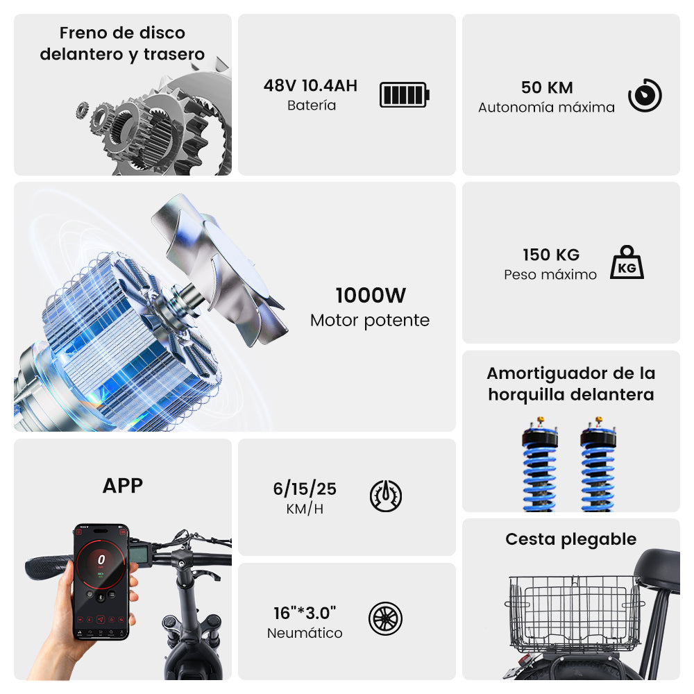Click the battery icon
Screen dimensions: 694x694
coord(405,94)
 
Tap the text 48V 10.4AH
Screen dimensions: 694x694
coord(310,85)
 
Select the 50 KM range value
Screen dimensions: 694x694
coord(547,87)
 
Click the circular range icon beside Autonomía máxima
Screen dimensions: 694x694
coord(645,95)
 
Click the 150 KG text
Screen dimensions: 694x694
coord(551,255)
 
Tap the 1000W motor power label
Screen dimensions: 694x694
coord(371,295)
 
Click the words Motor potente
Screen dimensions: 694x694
coord(370,320)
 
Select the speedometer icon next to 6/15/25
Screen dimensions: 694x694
coord(386,496)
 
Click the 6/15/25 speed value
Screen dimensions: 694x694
coord(305,489)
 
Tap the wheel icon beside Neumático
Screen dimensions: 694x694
coord(385,618)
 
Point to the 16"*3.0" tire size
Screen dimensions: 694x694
coord(305,613)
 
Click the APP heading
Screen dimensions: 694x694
coord(123,486)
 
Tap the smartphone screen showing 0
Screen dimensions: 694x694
coord(101,582)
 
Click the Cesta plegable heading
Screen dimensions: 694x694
coord(571,539)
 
